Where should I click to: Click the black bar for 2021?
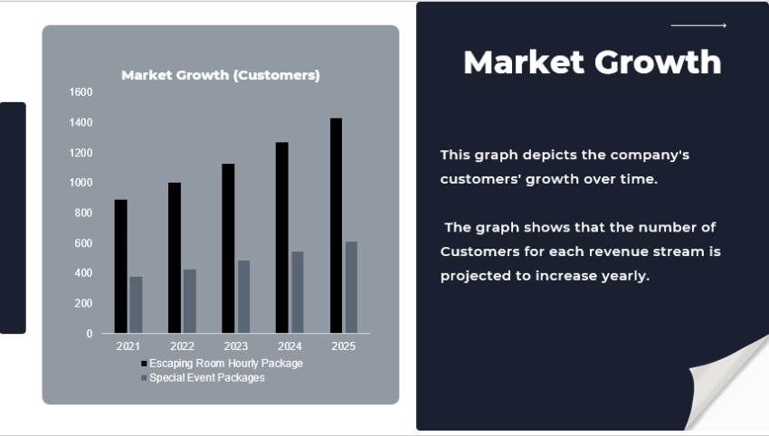click(x=120, y=266)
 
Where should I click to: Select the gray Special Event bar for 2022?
click(x=190, y=301)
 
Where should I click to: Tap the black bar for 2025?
click(x=336, y=225)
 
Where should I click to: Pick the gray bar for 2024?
click(x=298, y=292)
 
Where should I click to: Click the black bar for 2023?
click(x=228, y=248)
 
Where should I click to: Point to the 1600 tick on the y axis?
click(x=81, y=92)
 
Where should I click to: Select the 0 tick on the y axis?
click(x=90, y=334)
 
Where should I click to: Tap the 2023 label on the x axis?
click(x=236, y=346)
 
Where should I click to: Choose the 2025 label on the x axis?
click(x=344, y=346)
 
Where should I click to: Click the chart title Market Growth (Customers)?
click(x=221, y=75)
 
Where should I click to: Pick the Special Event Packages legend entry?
click(x=206, y=378)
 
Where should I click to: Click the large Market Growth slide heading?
click(x=592, y=62)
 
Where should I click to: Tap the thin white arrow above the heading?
click(x=698, y=26)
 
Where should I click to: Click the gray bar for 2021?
click(x=136, y=305)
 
